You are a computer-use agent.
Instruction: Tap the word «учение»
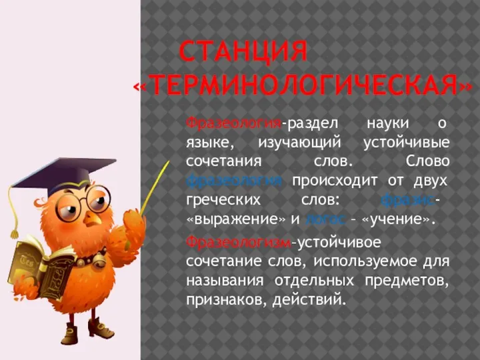(x=399, y=219)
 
